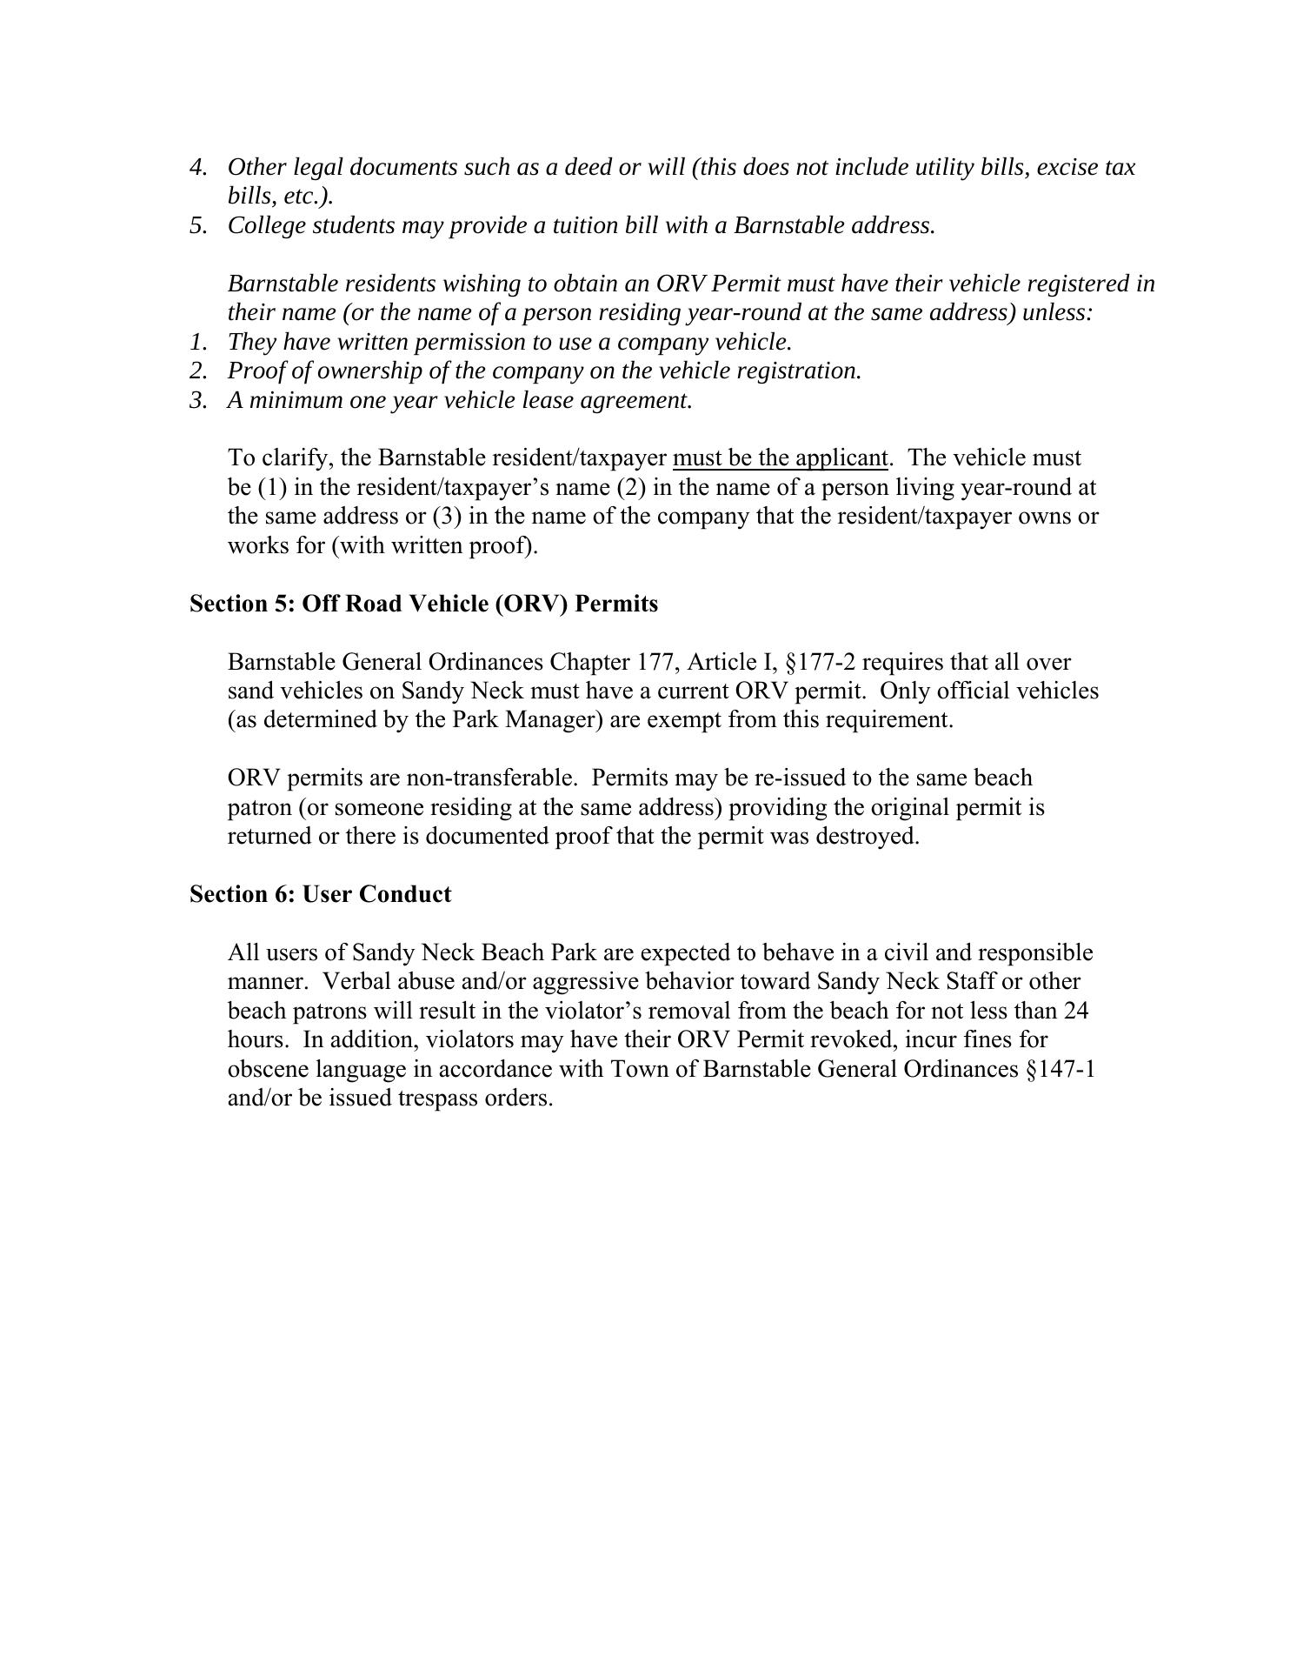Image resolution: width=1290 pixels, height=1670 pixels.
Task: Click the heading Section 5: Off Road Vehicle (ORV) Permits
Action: (423, 604)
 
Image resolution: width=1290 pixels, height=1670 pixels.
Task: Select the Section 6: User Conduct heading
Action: (320, 894)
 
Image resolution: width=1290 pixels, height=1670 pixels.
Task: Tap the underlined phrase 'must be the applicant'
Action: (780, 458)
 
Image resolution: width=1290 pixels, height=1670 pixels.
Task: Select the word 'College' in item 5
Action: (266, 225)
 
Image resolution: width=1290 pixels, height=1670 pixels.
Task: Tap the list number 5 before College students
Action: (197, 225)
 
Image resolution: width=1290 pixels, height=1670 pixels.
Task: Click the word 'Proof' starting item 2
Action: (254, 371)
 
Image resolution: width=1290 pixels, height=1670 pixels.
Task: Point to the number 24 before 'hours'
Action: (1076, 1011)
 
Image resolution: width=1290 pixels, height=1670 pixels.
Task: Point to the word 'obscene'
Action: (268, 1068)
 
